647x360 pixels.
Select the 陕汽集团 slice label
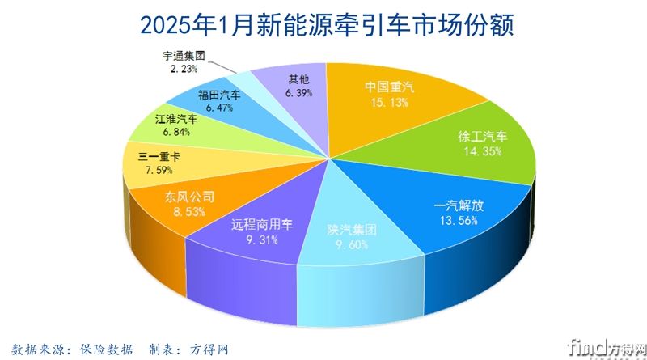[x=351, y=229]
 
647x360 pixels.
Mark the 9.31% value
[x=256, y=240]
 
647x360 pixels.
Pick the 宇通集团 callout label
[x=183, y=56]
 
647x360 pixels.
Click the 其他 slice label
[x=298, y=79]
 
